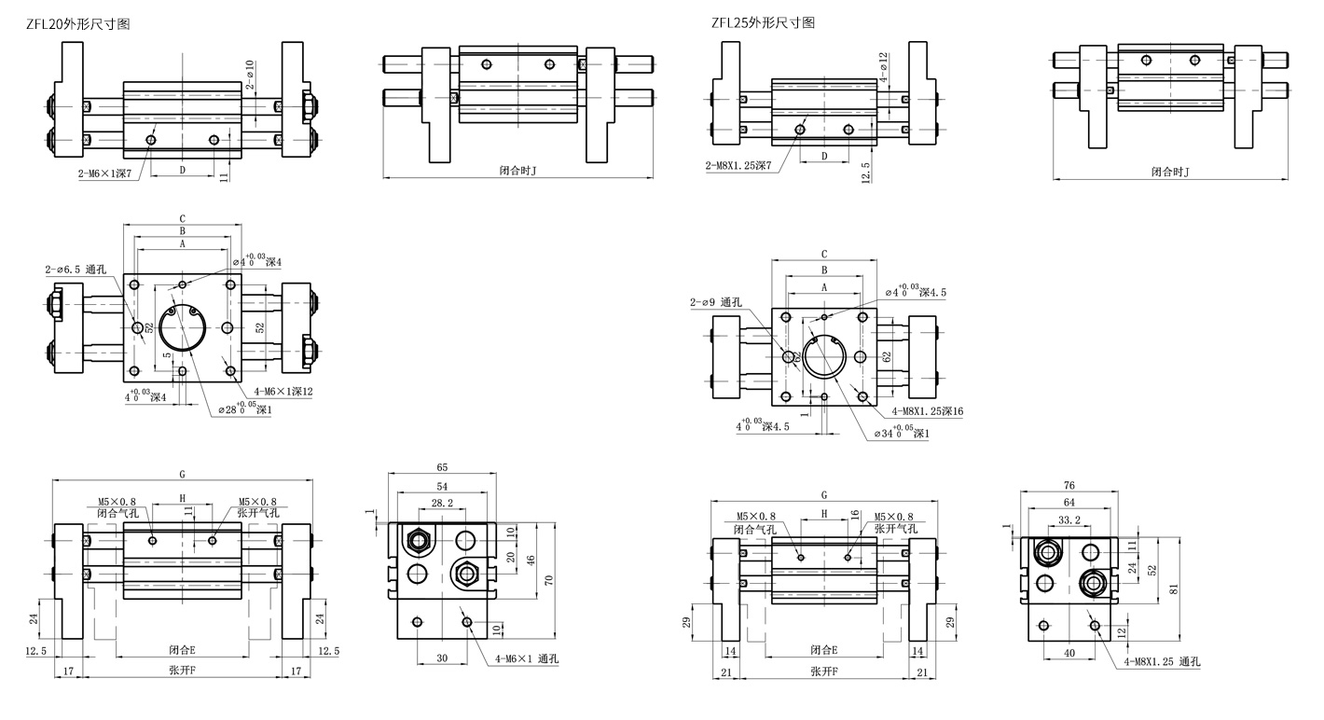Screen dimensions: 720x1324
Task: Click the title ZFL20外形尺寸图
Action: [x=78, y=24]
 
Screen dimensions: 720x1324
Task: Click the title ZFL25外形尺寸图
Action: [x=763, y=22]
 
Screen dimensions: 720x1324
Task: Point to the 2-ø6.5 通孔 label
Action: [x=76, y=269]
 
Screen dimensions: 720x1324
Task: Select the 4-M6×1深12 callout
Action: [x=275, y=391]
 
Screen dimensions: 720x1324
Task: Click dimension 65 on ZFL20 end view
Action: [x=442, y=466]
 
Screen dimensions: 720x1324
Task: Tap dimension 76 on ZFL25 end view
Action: [x=1069, y=486]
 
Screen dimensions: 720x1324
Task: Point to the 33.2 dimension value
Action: [x=1069, y=519]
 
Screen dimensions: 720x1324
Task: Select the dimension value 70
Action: [x=549, y=579]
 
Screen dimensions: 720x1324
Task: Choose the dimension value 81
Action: [x=1175, y=588]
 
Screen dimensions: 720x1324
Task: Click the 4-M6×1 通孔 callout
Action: [x=527, y=658]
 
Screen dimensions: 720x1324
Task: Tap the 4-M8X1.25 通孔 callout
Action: [x=1162, y=662]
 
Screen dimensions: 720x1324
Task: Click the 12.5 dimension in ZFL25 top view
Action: [x=866, y=172]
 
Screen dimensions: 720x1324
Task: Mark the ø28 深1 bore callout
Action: [x=245, y=408]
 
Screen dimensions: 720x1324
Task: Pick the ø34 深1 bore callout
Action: [x=903, y=434]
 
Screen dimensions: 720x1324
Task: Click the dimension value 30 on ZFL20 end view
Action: [x=442, y=658]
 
